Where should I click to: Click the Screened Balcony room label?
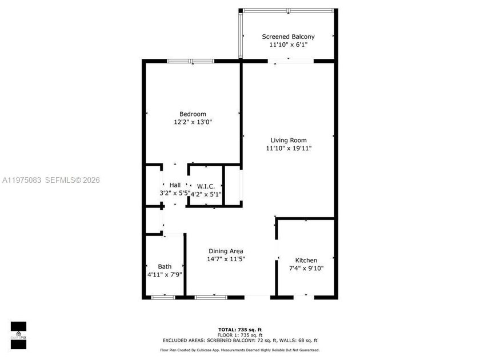click(x=288, y=37)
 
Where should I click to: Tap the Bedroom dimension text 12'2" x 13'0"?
click(x=193, y=122)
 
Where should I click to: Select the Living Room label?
click(x=289, y=140)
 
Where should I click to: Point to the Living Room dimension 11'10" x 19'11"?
click(x=289, y=148)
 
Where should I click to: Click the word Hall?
click(x=175, y=185)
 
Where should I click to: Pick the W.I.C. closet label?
click(x=206, y=186)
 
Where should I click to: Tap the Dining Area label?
click(x=226, y=251)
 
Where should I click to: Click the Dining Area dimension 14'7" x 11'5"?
click(x=226, y=259)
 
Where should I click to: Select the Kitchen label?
click(x=306, y=260)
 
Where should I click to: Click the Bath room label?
click(x=165, y=266)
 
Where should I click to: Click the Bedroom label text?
click(x=193, y=114)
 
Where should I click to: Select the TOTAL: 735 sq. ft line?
click(x=240, y=330)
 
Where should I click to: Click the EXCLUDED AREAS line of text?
click(x=240, y=340)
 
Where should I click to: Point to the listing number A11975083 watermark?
click(x=23, y=180)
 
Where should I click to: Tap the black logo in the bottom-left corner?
click(x=18, y=335)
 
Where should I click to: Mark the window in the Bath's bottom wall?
click(x=163, y=297)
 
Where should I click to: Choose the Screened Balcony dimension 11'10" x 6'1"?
click(x=288, y=45)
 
